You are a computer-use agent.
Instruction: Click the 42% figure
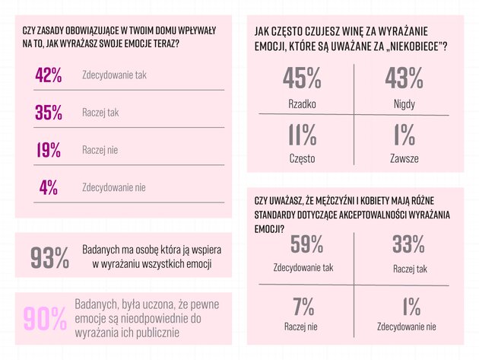pos(48,75)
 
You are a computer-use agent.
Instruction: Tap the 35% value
pos(48,113)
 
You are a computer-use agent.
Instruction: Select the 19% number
pos(48,150)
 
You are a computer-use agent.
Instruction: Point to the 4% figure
pos(48,187)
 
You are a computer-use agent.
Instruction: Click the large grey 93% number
pos(50,257)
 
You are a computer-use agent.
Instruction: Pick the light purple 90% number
pos(46,317)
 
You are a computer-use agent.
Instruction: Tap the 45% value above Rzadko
pos(302,78)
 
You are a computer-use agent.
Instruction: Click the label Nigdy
pos(404,101)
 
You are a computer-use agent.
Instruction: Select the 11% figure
pos(302,135)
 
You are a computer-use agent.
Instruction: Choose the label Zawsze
pos(404,158)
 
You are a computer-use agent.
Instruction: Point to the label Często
pos(302,158)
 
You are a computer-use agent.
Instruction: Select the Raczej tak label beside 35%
pos(100,113)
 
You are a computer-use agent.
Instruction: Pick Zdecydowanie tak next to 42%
pos(114,76)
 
